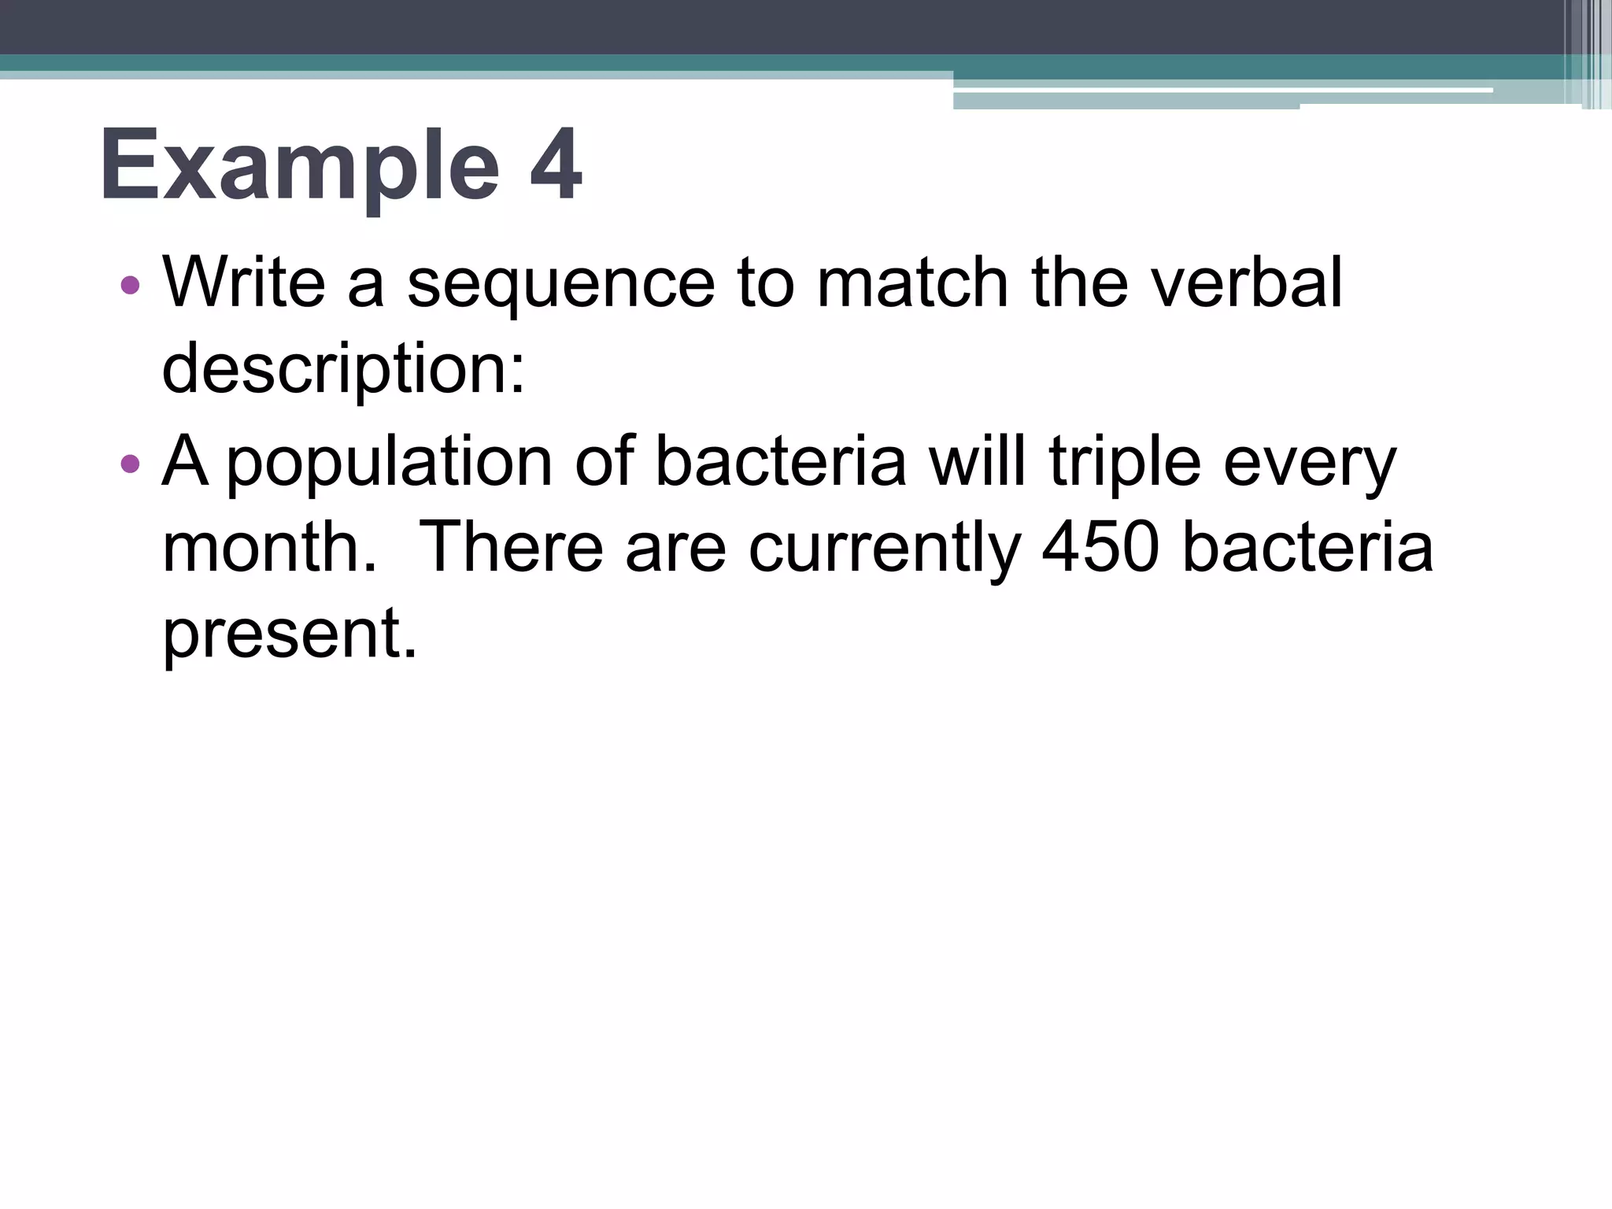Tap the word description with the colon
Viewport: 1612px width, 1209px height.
coord(343,372)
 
